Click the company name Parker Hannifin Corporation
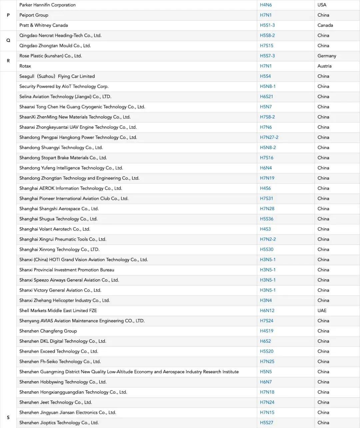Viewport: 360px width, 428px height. pos(47,5)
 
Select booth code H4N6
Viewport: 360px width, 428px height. pos(266,5)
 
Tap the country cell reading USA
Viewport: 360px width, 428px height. pos(322,5)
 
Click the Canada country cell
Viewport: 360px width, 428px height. pos(325,25)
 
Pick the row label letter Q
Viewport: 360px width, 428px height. pos(8,40)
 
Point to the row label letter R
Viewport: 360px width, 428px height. pos(8,61)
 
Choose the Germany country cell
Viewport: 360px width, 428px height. pos(327,56)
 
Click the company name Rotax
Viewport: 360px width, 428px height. pos(25,66)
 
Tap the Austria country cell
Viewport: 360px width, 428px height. pos(324,66)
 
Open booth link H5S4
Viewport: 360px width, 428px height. pos(265,76)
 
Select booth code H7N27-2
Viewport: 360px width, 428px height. pos(269,137)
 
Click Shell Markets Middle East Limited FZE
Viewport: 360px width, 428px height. pos(58,311)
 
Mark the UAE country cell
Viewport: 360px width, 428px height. pos(322,311)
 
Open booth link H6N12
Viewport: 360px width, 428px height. pos(267,311)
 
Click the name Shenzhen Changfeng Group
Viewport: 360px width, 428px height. pos(48,331)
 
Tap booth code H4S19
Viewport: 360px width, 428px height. pos(266,331)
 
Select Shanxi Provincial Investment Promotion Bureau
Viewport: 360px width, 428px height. pos(67,270)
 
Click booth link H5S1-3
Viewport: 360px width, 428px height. pos(267,25)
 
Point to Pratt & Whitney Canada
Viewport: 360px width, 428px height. pos(43,25)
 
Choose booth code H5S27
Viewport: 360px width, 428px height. pos(266,423)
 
